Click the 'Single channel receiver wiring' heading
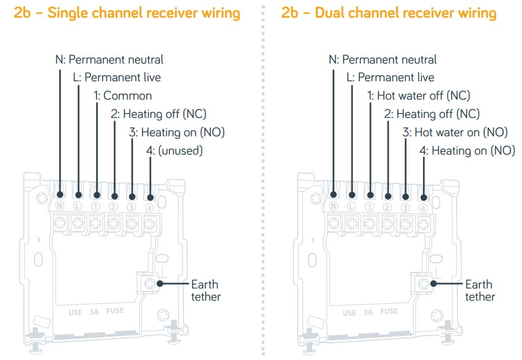127,13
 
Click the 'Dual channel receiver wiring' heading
389,13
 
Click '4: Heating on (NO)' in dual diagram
467,150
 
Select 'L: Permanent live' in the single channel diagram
116,77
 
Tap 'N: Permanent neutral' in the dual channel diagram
383,59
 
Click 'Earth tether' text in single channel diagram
204,290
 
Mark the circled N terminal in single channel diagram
60,207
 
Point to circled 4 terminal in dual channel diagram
423,207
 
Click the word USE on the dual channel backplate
349,312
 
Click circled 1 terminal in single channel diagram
96,207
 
